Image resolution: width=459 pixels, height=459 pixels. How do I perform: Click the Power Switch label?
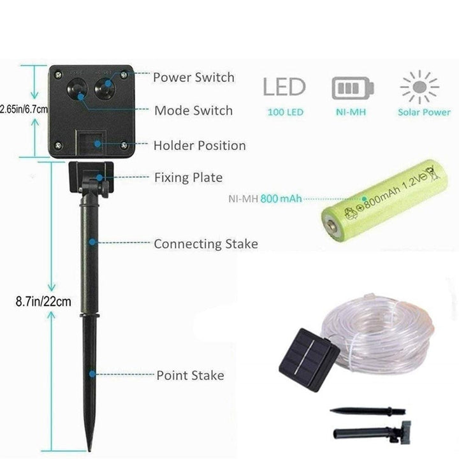(x=194, y=78)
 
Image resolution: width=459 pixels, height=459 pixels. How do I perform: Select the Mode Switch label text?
(x=194, y=111)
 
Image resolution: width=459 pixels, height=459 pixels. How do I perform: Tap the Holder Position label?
(x=200, y=146)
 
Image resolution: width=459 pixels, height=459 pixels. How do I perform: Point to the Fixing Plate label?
(x=188, y=177)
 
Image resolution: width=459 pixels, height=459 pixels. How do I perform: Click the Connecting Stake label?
(x=206, y=244)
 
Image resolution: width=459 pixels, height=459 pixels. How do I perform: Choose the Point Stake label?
(x=191, y=375)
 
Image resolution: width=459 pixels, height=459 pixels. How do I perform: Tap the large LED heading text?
(x=284, y=87)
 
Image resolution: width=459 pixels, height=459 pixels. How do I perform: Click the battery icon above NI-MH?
(x=353, y=88)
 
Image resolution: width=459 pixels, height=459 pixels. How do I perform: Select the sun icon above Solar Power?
(x=419, y=87)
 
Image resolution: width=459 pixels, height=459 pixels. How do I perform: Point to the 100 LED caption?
(x=285, y=112)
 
